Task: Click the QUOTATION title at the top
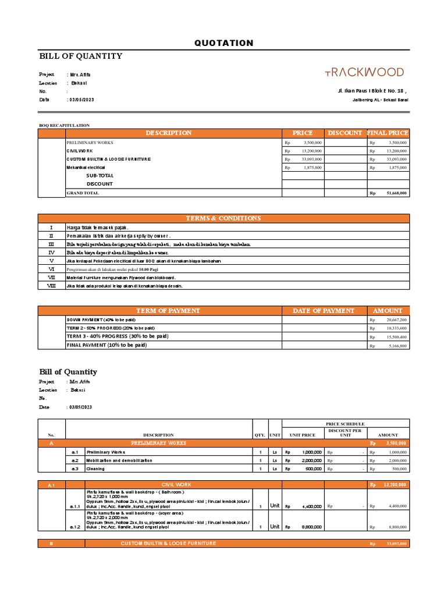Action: click(223, 43)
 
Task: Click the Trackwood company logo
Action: click(364, 72)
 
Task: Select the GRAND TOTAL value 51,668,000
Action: click(395, 193)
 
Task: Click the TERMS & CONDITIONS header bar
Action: click(223, 218)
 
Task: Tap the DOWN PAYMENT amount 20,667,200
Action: click(395, 320)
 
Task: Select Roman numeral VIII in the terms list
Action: click(51, 286)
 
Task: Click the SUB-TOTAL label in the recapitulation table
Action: click(100, 175)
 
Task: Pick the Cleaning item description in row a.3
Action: click(96, 469)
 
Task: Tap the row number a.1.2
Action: click(75, 527)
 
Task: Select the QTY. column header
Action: click(260, 435)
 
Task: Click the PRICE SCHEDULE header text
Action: click(346, 424)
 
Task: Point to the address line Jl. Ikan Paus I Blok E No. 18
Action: click(372, 91)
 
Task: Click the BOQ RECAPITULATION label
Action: click(64, 125)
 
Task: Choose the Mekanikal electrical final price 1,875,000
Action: click(395, 168)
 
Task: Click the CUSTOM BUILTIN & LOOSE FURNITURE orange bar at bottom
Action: click(168, 543)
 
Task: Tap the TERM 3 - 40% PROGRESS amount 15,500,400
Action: click(395, 337)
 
